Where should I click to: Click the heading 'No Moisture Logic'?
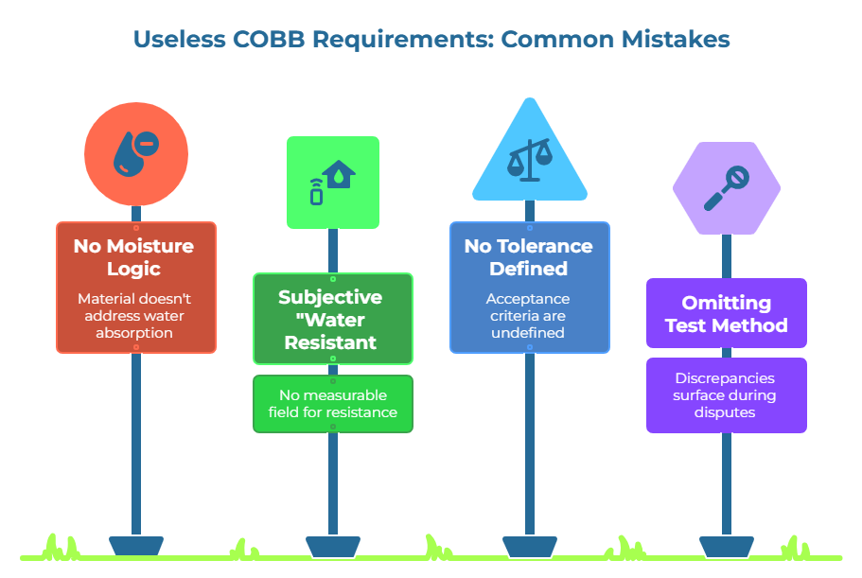[x=134, y=256]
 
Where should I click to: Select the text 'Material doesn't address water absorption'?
[x=136, y=315]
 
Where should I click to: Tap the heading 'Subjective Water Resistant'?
[x=331, y=319]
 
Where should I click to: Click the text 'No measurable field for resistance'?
[x=332, y=404]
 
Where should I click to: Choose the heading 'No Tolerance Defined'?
[x=528, y=256]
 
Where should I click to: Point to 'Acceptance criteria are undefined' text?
[x=528, y=315]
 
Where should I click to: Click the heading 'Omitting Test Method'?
[x=726, y=314]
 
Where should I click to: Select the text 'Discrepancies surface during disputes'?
[x=726, y=395]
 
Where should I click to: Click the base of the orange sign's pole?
[x=136, y=546]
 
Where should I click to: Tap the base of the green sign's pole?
[x=332, y=546]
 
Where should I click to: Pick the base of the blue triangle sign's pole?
[x=529, y=546]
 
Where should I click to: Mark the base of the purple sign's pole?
[x=726, y=546]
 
